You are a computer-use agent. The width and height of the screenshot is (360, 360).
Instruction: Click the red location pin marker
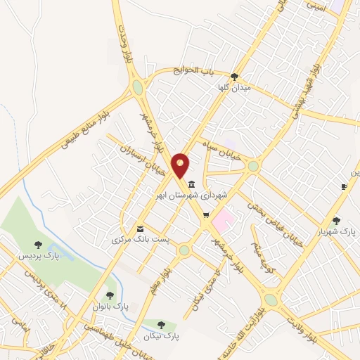click(181, 166)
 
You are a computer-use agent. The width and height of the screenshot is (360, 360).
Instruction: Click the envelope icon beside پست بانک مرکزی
click(141, 229)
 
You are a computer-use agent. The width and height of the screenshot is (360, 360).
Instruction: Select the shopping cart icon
click(206, 216)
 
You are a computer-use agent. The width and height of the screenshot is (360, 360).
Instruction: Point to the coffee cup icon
click(344, 187)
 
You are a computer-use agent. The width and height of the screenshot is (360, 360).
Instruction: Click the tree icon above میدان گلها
click(234, 77)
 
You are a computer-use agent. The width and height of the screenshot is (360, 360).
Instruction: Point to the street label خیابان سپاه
click(224, 154)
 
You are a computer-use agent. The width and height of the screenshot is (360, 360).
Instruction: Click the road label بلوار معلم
click(160, 271)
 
